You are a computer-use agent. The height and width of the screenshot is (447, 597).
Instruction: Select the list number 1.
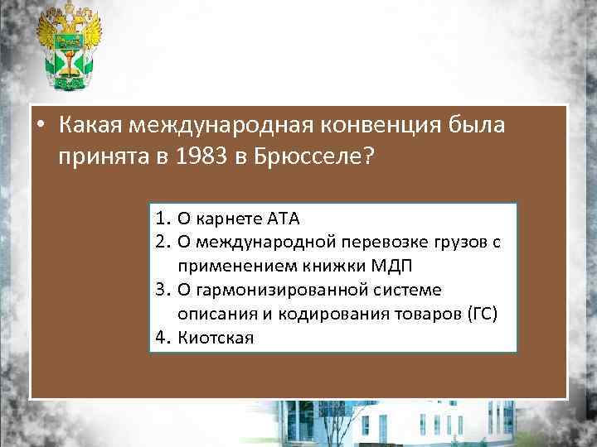tap(162, 219)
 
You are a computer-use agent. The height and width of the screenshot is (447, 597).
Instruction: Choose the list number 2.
tap(162, 243)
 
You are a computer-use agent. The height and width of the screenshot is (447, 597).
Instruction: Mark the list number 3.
tap(162, 290)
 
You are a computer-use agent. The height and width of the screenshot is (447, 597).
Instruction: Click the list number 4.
tap(162, 338)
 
